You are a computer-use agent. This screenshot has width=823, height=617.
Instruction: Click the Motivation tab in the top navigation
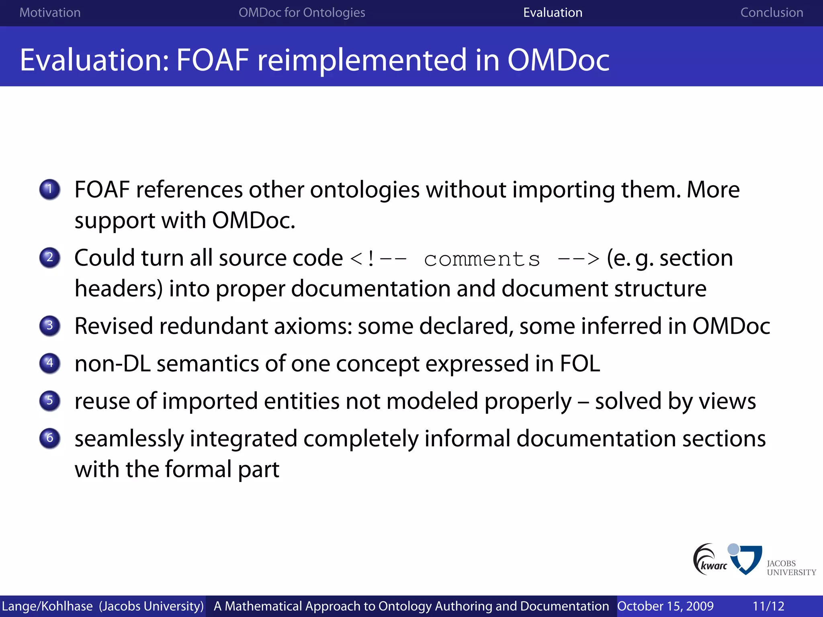coord(50,12)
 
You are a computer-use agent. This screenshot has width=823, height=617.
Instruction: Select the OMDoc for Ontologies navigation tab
coord(302,12)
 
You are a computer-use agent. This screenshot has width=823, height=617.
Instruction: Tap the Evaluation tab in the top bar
coord(553,12)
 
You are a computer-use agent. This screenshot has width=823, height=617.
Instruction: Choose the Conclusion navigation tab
coord(772,12)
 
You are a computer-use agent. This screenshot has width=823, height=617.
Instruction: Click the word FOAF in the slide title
coord(213,60)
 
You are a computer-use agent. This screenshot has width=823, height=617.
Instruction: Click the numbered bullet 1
coord(50,189)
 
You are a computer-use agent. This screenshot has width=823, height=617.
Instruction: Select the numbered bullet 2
coord(50,257)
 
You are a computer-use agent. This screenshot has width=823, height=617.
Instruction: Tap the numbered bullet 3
coord(50,325)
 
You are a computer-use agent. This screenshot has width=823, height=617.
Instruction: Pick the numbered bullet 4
coord(50,363)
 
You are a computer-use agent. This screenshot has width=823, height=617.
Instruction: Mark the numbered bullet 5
coord(50,400)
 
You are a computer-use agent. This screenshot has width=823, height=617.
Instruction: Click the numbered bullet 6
coord(50,438)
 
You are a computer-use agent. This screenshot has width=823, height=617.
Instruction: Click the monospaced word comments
coord(482,259)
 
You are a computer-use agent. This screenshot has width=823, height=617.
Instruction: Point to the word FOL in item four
coord(579,364)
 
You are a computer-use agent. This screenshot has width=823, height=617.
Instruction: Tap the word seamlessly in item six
coord(129,439)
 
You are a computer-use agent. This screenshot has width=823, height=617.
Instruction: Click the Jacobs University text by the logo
coord(791,568)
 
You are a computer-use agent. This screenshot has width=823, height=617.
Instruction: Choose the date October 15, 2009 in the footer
coord(665,606)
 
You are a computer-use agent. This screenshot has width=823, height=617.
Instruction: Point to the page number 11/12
coord(768,606)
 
